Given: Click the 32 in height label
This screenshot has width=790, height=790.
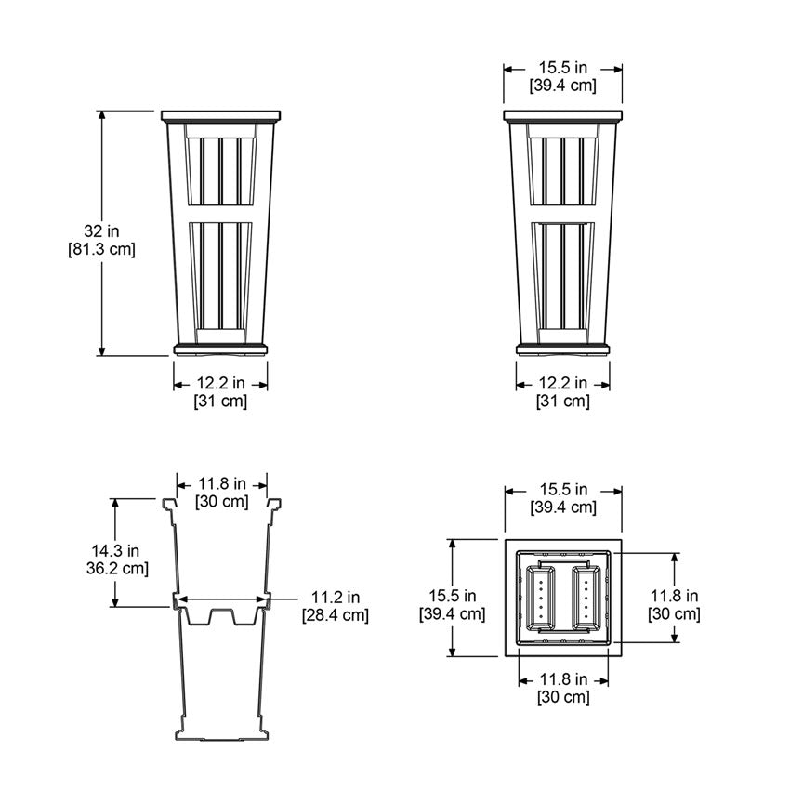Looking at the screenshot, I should (x=102, y=230).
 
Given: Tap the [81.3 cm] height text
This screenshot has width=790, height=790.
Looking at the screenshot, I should (x=102, y=249).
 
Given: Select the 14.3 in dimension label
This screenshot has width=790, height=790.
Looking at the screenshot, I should (x=115, y=549).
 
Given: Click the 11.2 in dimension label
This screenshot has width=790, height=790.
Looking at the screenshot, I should (x=336, y=597).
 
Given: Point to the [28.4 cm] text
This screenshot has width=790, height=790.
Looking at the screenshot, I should (x=335, y=615).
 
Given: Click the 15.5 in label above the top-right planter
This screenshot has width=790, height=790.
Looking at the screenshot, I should (x=562, y=68).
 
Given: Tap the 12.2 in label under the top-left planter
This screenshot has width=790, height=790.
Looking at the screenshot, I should (x=220, y=382).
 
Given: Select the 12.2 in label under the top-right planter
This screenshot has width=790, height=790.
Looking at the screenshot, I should (x=562, y=382).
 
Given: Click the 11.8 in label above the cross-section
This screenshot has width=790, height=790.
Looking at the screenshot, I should (x=221, y=483).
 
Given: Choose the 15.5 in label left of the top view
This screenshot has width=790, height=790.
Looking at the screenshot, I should (x=452, y=596).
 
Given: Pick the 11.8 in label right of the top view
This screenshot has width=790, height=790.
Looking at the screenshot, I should (x=674, y=596).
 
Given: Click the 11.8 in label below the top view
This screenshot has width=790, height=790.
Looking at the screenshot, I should (x=562, y=679).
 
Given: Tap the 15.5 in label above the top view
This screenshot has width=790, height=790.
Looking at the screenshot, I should (x=562, y=489).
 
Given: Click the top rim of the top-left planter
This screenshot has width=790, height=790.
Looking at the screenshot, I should (x=220, y=116).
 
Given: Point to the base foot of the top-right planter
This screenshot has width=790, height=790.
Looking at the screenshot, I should (x=563, y=349).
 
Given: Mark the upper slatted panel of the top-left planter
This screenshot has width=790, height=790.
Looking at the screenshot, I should (x=220, y=170).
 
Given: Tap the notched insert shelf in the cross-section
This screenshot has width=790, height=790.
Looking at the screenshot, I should (x=221, y=615).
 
